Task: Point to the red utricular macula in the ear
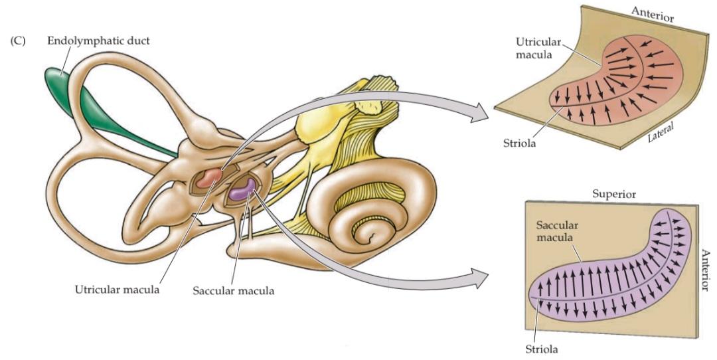point(211,177)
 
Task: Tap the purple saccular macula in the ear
point(241,190)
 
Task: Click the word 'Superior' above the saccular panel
point(614,195)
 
